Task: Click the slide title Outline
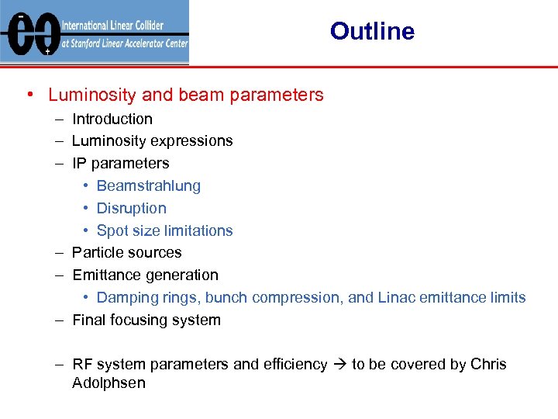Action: pos(372,32)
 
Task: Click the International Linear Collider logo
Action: pos(95,33)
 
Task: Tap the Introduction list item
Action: pos(112,119)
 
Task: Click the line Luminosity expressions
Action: pos(152,141)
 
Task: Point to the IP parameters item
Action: pos(120,164)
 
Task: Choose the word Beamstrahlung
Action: pos(148,186)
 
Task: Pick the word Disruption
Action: pos(131,209)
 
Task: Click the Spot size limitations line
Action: pos(164,231)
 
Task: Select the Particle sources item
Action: pos(126,253)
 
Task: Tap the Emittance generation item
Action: pos(145,275)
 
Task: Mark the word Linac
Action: pos(397,298)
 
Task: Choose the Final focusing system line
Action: pos(146,320)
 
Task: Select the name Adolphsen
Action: pos(108,383)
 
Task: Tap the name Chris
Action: pos(488,365)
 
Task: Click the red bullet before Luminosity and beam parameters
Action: pos(29,95)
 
